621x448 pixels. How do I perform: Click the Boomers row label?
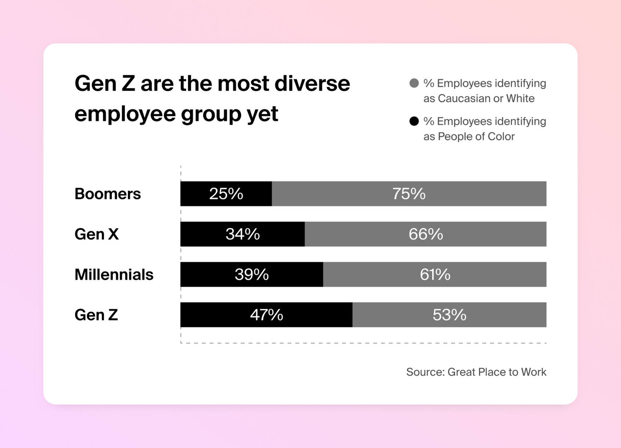[108, 194]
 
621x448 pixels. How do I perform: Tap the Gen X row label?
[96, 234]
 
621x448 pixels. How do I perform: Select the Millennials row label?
[114, 275]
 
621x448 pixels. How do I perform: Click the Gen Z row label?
[96, 315]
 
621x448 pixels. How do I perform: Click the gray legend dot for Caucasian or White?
[414, 83]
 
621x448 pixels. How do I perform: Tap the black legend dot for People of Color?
[414, 121]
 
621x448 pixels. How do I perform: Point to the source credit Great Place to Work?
[476, 372]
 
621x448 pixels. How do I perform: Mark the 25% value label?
[226, 194]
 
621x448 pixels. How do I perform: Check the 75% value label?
[409, 194]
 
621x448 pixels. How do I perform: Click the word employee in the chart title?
[125, 114]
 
